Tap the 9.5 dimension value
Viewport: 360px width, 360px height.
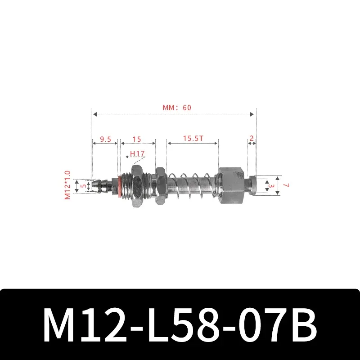(105, 139)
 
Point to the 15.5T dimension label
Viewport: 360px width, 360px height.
(193, 139)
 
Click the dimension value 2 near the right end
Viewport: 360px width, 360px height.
(252, 139)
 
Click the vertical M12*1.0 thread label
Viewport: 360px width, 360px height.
(68, 185)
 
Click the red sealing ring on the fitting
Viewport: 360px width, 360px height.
(119, 185)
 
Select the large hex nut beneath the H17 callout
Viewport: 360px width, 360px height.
(136, 185)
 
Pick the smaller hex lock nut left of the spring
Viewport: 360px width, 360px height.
(159, 185)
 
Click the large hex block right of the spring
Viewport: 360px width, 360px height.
(233, 185)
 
